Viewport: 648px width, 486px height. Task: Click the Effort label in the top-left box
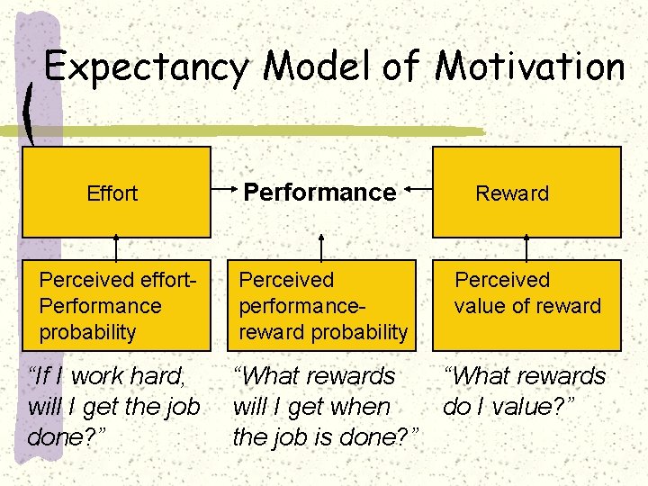[x=112, y=193]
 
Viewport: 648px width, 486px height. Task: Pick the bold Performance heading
[x=319, y=192]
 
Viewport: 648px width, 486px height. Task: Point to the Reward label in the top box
[x=511, y=193]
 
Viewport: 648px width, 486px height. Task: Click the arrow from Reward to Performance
[x=418, y=190]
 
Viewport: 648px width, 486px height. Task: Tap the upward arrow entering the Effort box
[x=116, y=247]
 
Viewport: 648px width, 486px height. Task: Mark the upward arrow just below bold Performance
[x=319, y=247]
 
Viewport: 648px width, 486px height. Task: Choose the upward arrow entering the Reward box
[x=526, y=247]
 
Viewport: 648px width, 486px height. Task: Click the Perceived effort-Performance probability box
[x=116, y=306]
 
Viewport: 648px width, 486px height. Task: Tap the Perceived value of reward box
[x=526, y=306]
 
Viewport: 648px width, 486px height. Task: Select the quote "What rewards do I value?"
[x=525, y=391]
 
